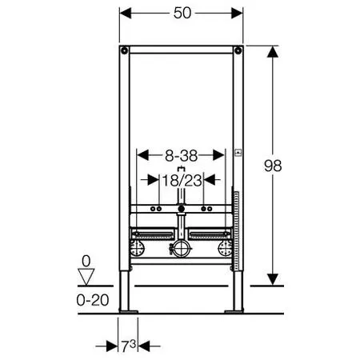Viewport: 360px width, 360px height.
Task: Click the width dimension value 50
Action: (x=182, y=13)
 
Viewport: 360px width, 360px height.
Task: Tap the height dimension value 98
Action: (x=273, y=166)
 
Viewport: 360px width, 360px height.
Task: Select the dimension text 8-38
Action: (x=181, y=155)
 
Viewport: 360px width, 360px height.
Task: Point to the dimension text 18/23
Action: (x=182, y=181)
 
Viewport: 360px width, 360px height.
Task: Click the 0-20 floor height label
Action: (x=93, y=300)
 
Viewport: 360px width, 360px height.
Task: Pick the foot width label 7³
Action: (x=129, y=346)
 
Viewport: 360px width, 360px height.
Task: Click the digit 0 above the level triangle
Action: (x=86, y=261)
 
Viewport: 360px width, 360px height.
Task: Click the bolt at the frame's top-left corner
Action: (x=124, y=50)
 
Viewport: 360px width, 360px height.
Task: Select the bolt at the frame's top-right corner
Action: (x=238, y=50)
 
